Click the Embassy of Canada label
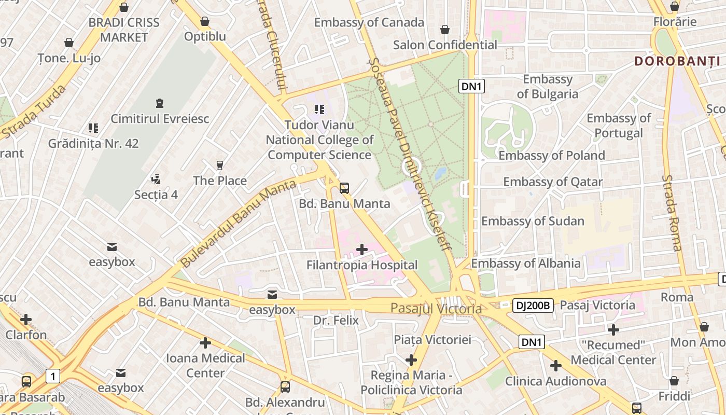[369, 23]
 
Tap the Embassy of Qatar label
[553, 182]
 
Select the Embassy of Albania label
[526, 264]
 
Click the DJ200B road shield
[533, 306]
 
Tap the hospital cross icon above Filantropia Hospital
[362, 250]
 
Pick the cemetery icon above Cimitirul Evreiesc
[160, 103]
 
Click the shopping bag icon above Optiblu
[205, 21]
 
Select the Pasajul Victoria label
[436, 309]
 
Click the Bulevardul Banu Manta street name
[239, 223]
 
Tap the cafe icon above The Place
[220, 165]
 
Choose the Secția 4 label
[156, 195]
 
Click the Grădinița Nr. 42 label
[93, 143]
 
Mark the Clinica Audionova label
[555, 381]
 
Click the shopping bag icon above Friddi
[674, 381]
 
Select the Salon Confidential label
[445, 45]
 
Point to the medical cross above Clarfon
[26, 320]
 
